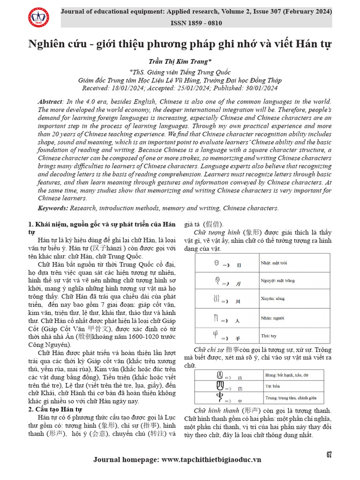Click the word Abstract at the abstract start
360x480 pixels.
pyautogui.click(x=50, y=102)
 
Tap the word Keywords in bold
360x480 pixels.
pyautogui.click(x=53, y=208)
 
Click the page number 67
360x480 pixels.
pyautogui.click(x=329, y=455)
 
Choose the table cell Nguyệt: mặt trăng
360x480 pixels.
pyautogui.click(x=278, y=281)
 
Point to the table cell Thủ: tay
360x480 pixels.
pyautogui.click(x=269, y=336)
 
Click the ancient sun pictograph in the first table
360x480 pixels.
pyautogui.click(x=217, y=263)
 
